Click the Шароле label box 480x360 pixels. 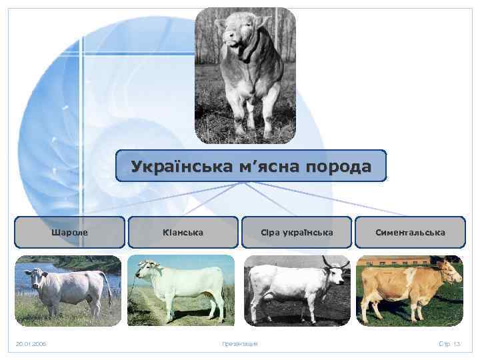pos(69,233)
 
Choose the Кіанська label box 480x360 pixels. pos(183,233)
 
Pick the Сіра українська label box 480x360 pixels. pos(297,233)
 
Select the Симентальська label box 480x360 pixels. pos(410,233)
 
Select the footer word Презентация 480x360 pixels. pos(239,344)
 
